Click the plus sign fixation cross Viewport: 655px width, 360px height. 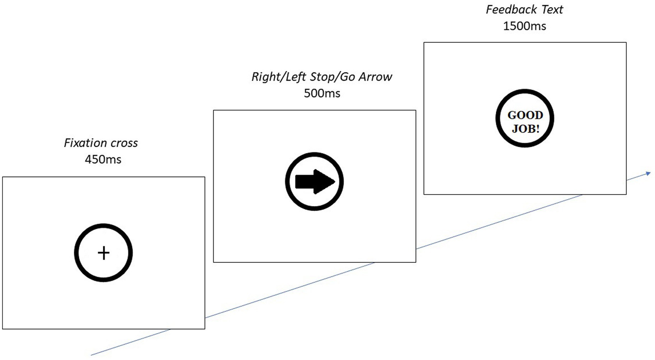(104, 253)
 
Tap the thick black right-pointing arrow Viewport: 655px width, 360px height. (314, 182)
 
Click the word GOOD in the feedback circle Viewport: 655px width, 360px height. (525, 115)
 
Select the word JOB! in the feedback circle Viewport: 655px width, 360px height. (525, 128)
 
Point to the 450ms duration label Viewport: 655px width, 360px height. (103, 160)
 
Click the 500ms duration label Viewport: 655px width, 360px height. (322, 93)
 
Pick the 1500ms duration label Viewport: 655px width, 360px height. (524, 26)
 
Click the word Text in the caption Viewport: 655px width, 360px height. (552, 9)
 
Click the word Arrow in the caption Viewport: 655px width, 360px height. (375, 77)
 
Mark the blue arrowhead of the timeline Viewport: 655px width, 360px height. (648, 173)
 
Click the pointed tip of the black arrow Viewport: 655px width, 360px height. (334, 182)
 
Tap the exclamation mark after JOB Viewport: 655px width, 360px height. (537, 128)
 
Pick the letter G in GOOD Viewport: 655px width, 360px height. (512, 115)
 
